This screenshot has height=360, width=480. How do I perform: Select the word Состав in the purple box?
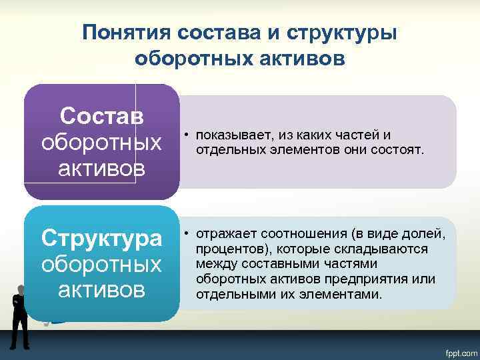[101, 116]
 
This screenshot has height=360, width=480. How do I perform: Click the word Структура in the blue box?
[101, 237]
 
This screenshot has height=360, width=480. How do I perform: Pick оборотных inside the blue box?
[101, 264]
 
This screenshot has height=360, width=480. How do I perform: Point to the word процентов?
[227, 249]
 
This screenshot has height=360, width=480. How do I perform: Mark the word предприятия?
[378, 278]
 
